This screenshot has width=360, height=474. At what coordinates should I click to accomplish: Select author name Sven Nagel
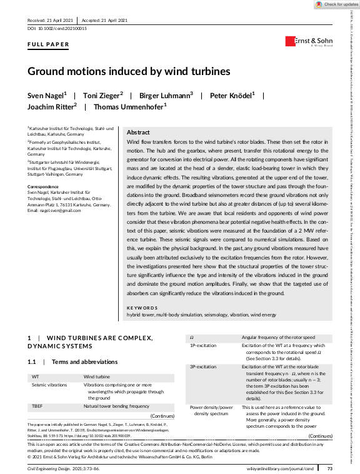(x=46, y=96)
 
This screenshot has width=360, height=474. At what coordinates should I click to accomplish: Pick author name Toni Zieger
(x=103, y=96)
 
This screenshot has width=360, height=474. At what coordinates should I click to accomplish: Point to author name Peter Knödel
(x=232, y=96)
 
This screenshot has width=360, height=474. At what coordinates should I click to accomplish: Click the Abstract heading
(x=138, y=133)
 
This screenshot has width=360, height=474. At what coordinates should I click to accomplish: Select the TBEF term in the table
(x=37, y=406)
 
